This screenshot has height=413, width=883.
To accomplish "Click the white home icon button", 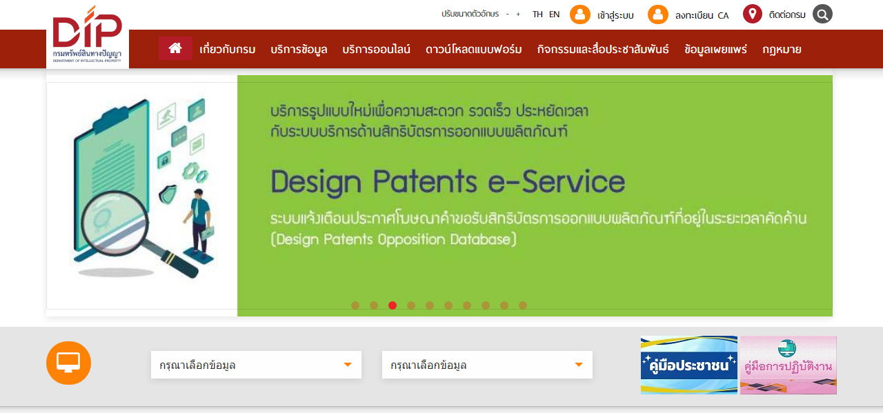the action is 175,48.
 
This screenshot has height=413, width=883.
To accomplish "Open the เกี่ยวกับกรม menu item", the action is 228,49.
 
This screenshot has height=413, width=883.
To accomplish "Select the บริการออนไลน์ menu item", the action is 376,49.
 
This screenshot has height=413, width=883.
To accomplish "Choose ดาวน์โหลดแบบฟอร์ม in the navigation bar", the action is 473,49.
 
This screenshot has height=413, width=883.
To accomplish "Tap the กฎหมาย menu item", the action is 782,50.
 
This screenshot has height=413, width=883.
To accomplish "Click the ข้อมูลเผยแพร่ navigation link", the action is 715,49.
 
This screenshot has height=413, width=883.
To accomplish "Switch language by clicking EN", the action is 554,14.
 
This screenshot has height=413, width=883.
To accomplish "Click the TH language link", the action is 537,14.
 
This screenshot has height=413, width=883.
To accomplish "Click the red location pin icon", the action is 752,14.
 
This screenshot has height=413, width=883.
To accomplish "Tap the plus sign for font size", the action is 518,14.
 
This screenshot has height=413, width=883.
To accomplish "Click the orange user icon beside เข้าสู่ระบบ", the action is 580,14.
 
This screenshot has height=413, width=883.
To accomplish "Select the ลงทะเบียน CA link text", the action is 702,15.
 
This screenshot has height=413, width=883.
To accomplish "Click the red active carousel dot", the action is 393,305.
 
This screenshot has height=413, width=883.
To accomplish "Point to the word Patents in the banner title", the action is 425,182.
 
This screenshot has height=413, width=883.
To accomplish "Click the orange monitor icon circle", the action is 68,363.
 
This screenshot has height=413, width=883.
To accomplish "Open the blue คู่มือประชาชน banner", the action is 688,365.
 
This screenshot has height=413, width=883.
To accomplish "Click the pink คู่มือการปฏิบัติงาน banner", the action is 788,365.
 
